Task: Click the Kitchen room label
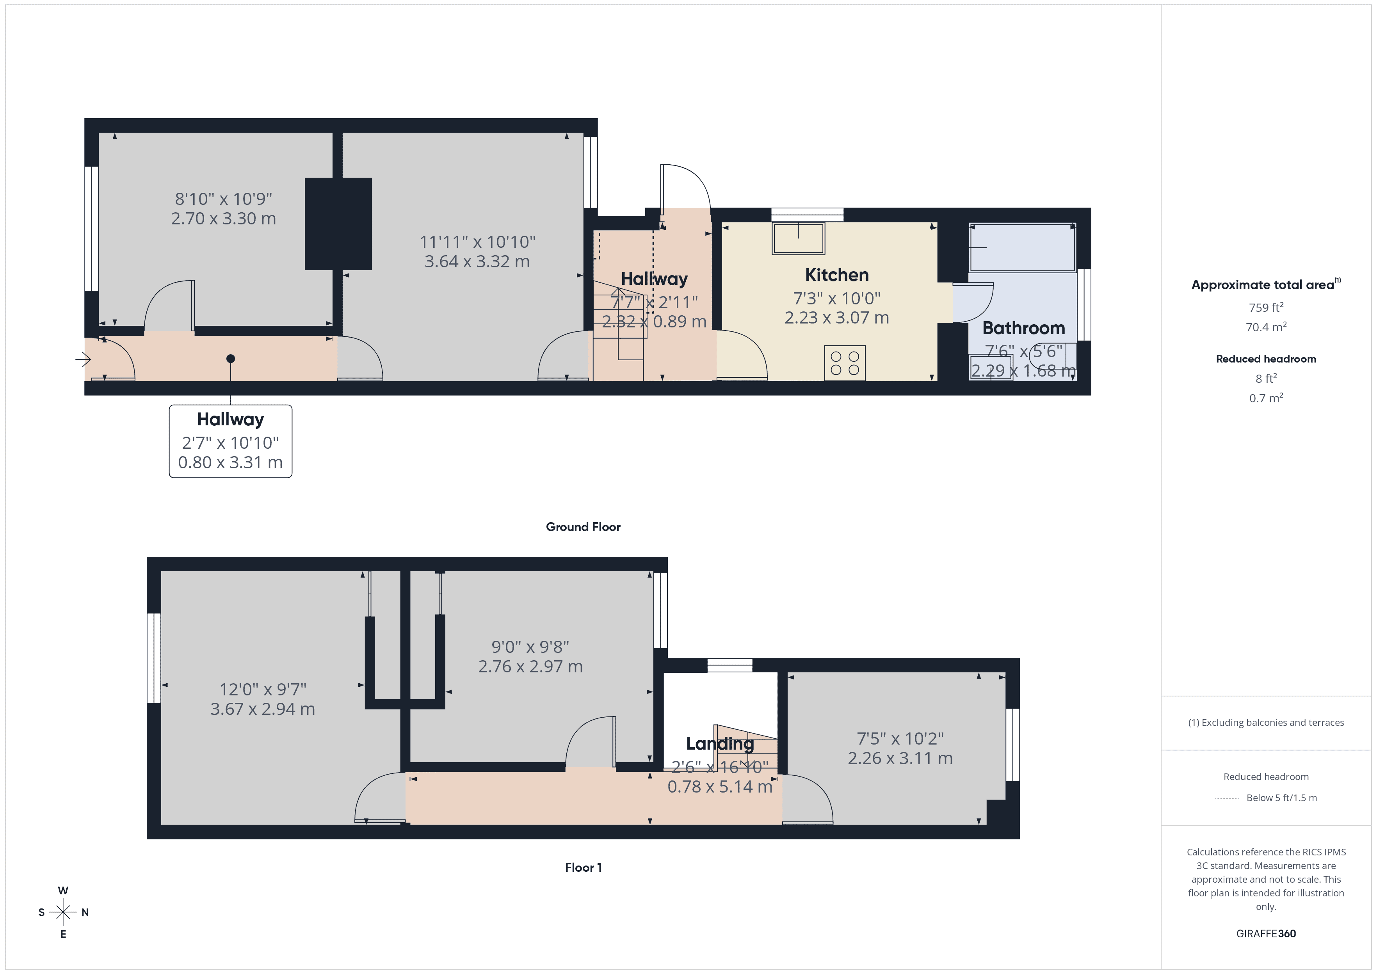coord(837,275)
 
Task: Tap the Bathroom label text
coord(1023,328)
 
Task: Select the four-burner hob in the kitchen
coord(845,363)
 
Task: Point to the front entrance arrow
coord(83,359)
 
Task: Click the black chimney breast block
coord(338,224)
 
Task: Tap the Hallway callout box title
coord(230,419)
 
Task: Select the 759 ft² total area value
coord(1265,307)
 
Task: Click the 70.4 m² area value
coord(1265,327)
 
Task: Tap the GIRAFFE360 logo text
coord(1265,934)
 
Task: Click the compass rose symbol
coord(63,912)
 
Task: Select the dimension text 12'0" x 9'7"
coord(263,690)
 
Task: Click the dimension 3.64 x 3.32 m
coord(477,261)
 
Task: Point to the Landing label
coord(720,744)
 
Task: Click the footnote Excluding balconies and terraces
coord(1265,723)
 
